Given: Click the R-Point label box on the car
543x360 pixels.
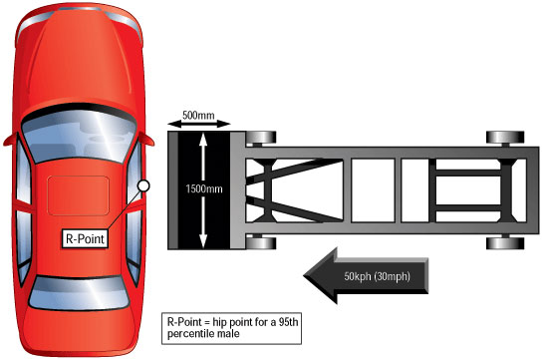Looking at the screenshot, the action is [85, 238].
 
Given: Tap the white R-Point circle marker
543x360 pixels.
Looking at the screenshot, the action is [143, 186].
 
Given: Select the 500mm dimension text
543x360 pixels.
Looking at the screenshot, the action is [198, 115].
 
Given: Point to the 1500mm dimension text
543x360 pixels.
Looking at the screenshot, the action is [204, 189].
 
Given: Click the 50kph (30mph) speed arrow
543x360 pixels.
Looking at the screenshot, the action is [366, 276].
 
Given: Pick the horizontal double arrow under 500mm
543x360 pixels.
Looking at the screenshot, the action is [199, 124].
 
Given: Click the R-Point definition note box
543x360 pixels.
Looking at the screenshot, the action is [232, 328].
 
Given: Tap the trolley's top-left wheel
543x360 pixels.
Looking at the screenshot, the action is [261, 138].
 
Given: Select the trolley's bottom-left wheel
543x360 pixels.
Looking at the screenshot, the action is [261, 243].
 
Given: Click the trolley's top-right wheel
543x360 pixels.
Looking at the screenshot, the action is [505, 138].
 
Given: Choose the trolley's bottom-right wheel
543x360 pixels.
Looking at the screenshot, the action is [505, 243].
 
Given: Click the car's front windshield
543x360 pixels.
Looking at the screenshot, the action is [79, 137].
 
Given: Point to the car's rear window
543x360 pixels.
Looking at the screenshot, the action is [79, 293].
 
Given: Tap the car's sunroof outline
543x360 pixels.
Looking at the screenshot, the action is [79, 195].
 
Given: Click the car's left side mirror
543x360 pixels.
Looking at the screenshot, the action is [11, 140].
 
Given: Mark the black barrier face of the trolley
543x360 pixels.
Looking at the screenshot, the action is [204, 190].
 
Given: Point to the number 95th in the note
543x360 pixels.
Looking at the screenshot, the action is [288, 322].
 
